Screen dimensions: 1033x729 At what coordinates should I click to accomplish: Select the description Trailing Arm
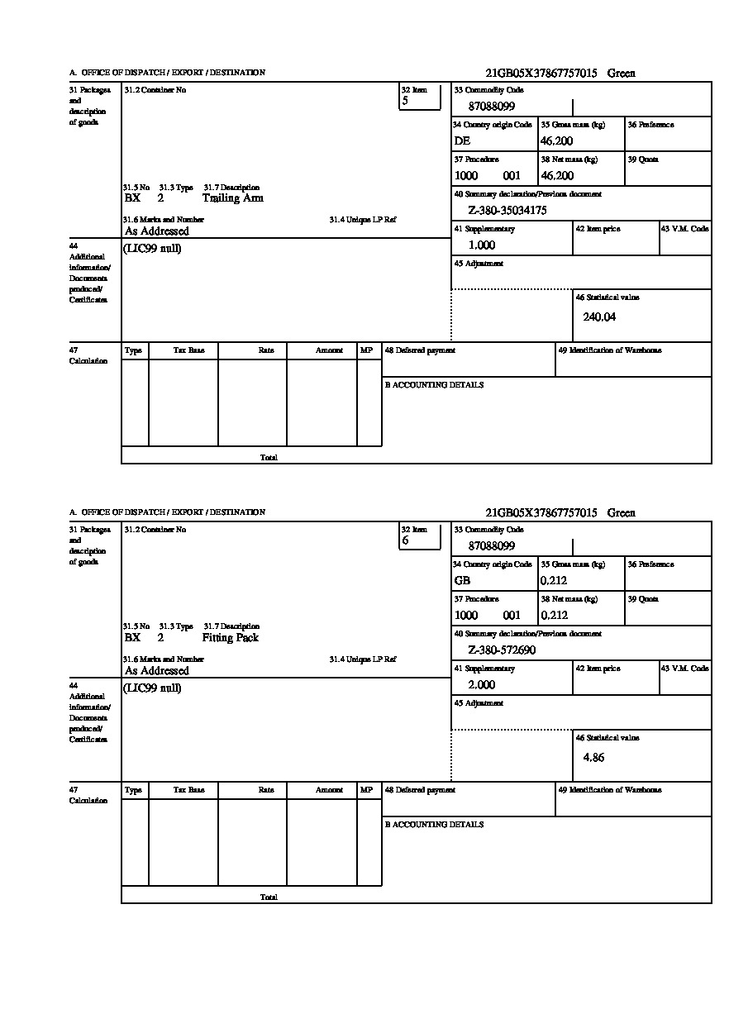point(232,198)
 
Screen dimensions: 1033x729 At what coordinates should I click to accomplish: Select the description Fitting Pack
point(230,638)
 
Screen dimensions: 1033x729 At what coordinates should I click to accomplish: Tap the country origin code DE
point(462,141)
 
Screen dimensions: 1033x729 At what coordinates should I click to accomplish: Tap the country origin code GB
point(462,581)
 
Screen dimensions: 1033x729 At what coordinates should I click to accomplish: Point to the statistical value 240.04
point(599,317)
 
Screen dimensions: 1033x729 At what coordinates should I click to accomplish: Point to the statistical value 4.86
point(593,757)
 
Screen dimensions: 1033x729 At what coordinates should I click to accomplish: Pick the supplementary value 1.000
point(481,245)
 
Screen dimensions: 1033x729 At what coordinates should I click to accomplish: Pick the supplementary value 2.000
point(481,685)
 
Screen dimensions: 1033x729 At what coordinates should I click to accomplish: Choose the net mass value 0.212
point(554,616)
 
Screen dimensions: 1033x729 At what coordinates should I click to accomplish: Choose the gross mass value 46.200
point(556,141)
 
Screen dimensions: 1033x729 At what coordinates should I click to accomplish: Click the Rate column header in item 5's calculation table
point(265,350)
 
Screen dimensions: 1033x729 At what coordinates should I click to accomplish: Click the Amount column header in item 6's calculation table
point(329,790)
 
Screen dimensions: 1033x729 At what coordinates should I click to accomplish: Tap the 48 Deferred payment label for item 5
point(420,350)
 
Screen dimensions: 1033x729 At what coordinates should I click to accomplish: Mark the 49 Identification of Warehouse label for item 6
point(609,790)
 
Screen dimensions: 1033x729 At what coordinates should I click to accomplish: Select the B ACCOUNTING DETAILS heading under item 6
point(434,825)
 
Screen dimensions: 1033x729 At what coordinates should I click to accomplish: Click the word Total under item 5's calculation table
point(269,457)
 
